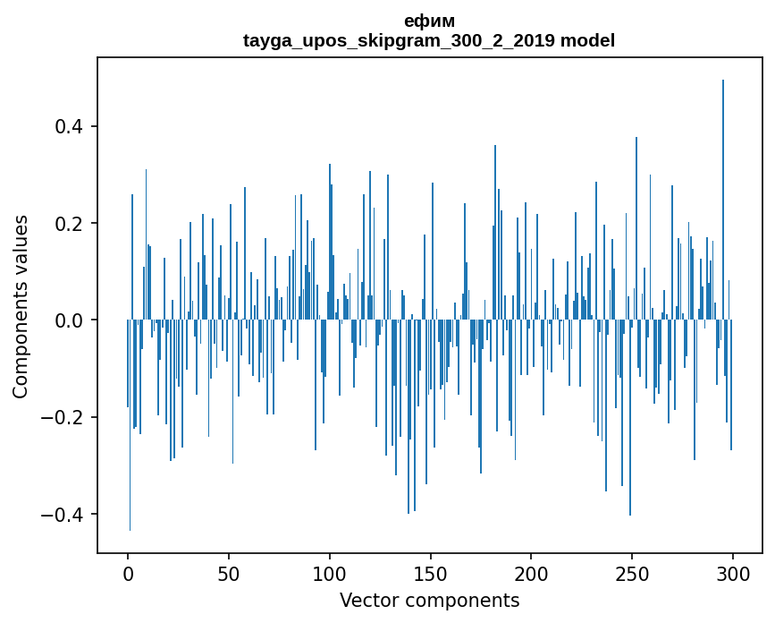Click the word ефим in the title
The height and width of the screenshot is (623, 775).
pyautogui.click(x=429, y=21)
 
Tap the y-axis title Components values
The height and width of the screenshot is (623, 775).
pyautogui.click(x=21, y=306)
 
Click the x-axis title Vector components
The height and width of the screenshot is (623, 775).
pyautogui.click(x=429, y=600)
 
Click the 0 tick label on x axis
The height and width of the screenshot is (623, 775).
pyautogui.click(x=128, y=573)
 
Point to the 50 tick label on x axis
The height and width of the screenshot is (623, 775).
pyautogui.click(x=229, y=573)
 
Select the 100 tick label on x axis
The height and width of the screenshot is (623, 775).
pyautogui.click(x=330, y=573)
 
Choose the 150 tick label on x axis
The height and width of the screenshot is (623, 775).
pyautogui.click(x=431, y=573)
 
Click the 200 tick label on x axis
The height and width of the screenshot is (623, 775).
pyautogui.click(x=532, y=573)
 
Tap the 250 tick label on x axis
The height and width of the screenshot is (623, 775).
pyautogui.click(x=632, y=573)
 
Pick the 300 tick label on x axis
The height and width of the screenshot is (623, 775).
pyautogui.click(x=733, y=573)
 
